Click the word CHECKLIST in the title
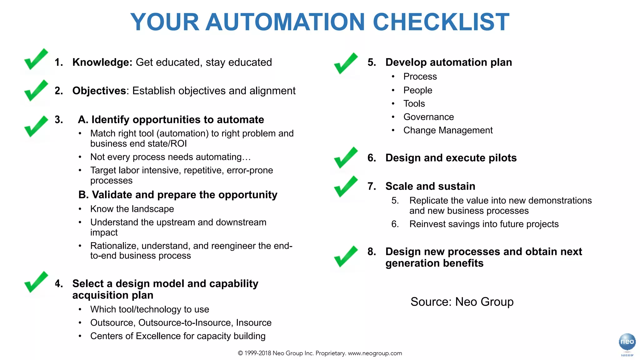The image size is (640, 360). [x=441, y=22]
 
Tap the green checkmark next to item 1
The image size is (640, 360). [x=36, y=59]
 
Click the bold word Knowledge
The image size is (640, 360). [x=102, y=62]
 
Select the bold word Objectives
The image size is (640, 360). [x=99, y=91]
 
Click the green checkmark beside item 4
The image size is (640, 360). [x=36, y=282]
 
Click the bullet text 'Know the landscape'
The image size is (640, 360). [x=132, y=209]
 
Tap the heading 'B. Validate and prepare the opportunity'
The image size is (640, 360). [x=178, y=195]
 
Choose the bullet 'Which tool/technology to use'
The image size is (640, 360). [x=149, y=309]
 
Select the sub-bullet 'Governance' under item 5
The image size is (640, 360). [x=428, y=117]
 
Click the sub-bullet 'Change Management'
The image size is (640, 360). [x=448, y=130]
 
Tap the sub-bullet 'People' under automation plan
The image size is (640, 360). [x=417, y=90]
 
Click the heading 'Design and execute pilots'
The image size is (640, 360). [x=451, y=158]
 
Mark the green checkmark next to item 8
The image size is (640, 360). [x=346, y=257]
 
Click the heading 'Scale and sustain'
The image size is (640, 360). [x=430, y=186]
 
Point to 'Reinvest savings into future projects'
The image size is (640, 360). [x=484, y=224]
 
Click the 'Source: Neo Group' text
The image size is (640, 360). [x=462, y=302]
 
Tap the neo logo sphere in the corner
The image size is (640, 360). [x=627, y=342]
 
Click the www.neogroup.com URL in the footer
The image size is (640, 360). [x=375, y=353]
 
